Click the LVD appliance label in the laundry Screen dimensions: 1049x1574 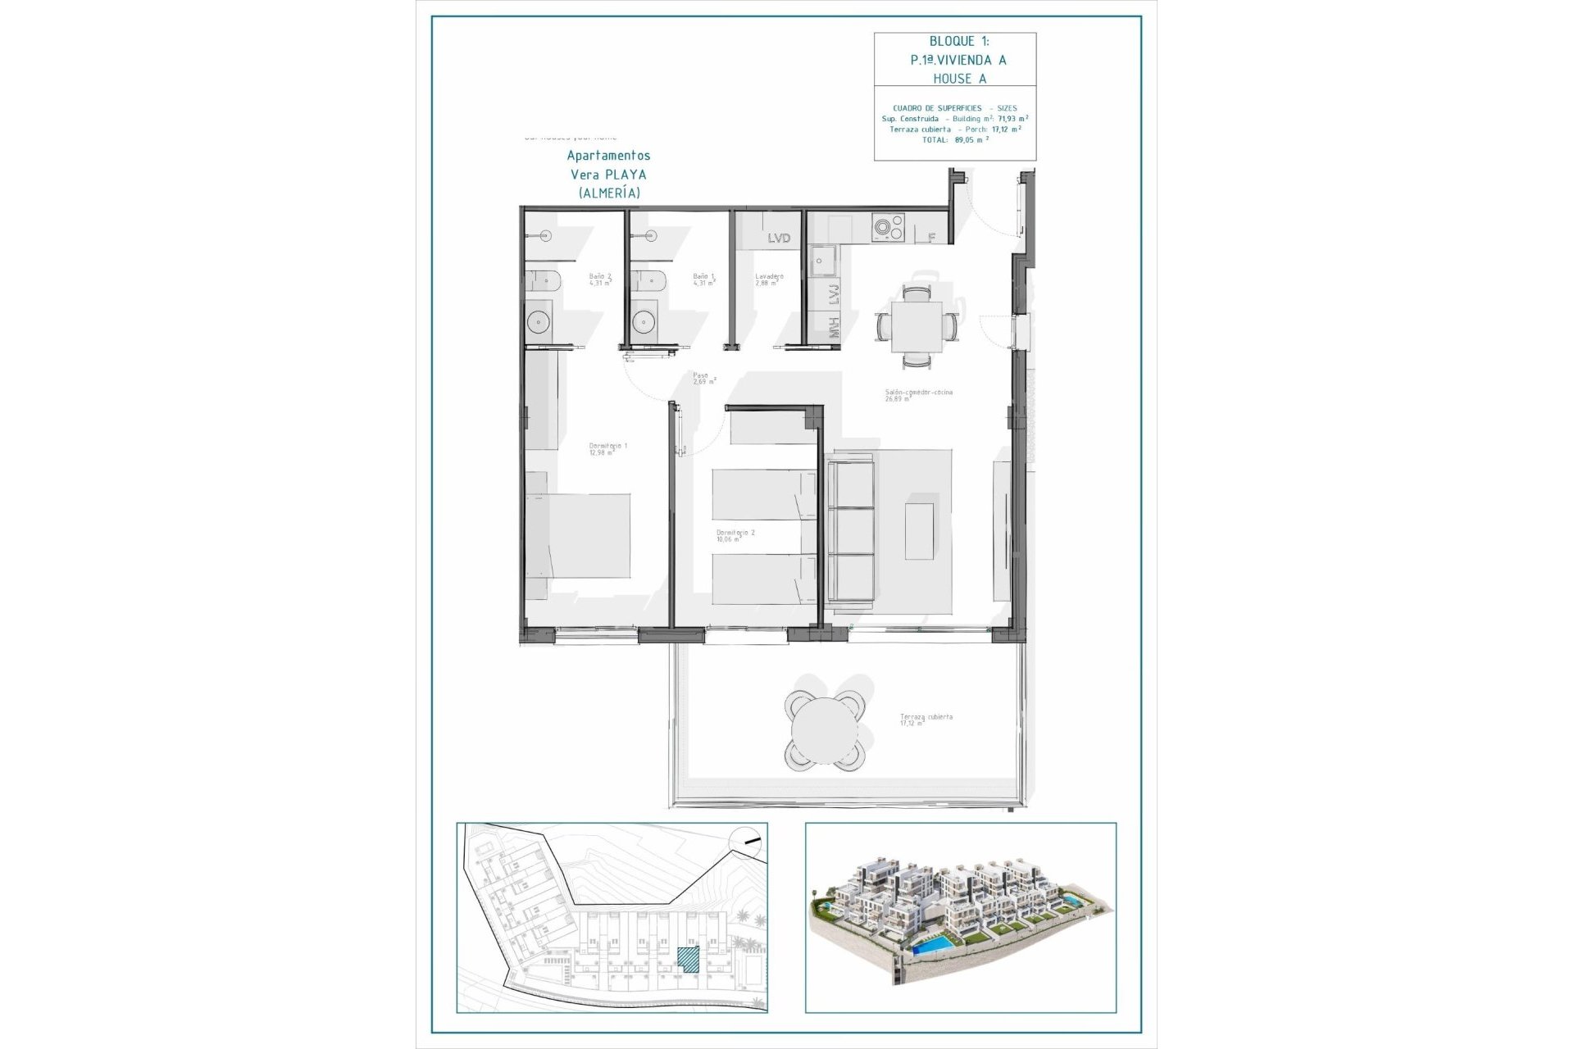click(x=779, y=238)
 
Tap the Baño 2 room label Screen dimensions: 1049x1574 click(x=600, y=279)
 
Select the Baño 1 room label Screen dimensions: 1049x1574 click(x=703, y=279)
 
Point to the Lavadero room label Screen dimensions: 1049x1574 click(x=769, y=279)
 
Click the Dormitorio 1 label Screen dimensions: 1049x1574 click(x=607, y=449)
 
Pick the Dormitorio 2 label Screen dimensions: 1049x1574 click(x=735, y=535)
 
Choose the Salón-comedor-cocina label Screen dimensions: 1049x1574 click(x=918, y=395)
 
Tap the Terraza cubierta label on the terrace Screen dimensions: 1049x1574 click(x=926, y=720)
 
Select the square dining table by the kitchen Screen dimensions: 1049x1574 click(x=917, y=326)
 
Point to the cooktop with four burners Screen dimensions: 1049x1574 click(x=887, y=228)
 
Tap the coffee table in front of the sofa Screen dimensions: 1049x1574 click(x=919, y=530)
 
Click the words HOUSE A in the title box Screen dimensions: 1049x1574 click(x=959, y=79)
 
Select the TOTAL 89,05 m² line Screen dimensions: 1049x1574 click(x=955, y=140)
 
